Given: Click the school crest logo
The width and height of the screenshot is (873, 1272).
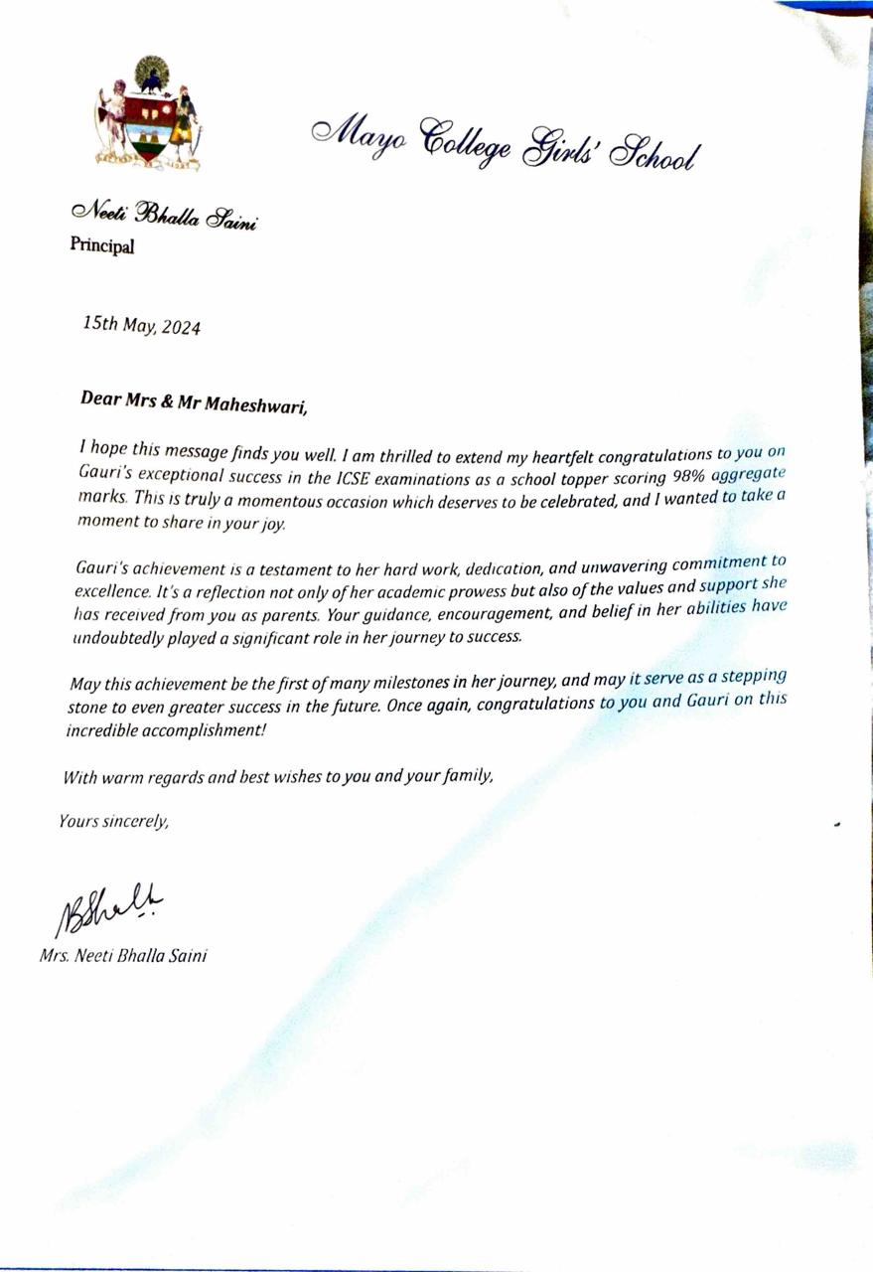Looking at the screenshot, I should click(x=147, y=111).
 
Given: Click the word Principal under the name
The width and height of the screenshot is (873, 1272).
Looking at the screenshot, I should click(x=101, y=244).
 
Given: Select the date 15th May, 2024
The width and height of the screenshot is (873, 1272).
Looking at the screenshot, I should click(x=141, y=325).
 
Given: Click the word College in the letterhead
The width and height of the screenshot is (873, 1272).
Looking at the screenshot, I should click(x=467, y=143).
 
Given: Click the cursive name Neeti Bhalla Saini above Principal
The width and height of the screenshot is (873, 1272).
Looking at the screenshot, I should click(x=163, y=215).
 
